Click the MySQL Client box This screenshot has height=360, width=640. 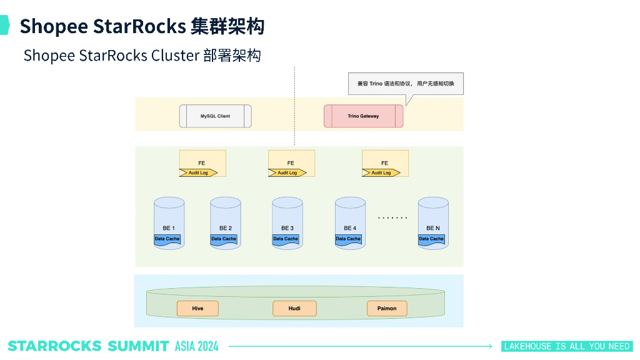tap(215, 116)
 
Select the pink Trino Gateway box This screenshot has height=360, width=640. tap(363, 116)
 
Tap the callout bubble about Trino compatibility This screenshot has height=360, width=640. tap(404, 84)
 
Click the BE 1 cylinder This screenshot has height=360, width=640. tap(169, 223)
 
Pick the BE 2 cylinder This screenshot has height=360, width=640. tap(226, 223)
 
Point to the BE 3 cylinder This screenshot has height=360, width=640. tap(287, 223)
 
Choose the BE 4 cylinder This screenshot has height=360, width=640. tap(350, 223)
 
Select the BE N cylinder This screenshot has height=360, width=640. tap(433, 223)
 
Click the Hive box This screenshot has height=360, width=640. tap(197, 308)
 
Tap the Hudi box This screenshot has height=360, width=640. tap(294, 308)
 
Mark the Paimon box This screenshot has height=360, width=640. tap(386, 308)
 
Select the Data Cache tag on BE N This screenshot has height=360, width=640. tap(431, 239)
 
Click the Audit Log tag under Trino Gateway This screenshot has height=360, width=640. tap(380, 172)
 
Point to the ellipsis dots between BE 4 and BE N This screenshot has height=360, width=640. tap(392, 218)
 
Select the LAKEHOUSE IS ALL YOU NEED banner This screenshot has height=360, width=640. tap(567, 346)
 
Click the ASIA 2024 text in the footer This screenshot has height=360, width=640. tap(197, 346)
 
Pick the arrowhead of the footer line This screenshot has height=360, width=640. tap(490, 346)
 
